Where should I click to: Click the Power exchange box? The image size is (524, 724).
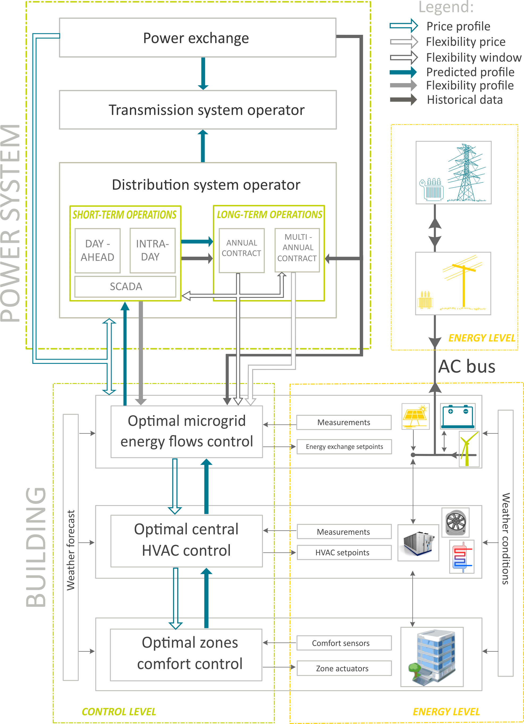click(197, 38)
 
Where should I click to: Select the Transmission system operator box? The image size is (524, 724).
click(198, 110)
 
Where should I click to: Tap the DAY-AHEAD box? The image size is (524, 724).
click(97, 251)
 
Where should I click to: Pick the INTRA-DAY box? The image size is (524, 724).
click(153, 251)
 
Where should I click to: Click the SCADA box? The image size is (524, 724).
click(125, 286)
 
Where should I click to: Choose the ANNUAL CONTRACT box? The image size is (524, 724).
click(242, 251)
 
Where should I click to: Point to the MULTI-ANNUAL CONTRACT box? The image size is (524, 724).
click(297, 250)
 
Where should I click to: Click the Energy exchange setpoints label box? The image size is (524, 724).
click(344, 447)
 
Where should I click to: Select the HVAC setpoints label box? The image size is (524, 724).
click(344, 553)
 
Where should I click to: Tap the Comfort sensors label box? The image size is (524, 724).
click(344, 643)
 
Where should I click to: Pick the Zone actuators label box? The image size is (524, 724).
click(344, 668)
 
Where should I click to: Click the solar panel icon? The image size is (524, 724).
click(415, 416)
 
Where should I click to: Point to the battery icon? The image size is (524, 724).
click(458, 416)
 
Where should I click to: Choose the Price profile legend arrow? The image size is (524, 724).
click(403, 26)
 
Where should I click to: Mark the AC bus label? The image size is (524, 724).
click(467, 367)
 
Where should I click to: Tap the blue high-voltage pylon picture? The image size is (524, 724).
click(454, 173)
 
